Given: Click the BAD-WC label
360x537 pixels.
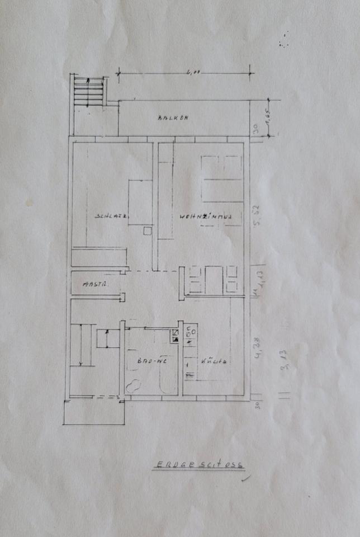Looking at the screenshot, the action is pyautogui.click(x=149, y=361).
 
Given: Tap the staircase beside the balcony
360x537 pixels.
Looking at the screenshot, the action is pyautogui.click(x=89, y=91).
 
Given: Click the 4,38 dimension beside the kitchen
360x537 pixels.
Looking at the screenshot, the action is pyautogui.click(x=258, y=354).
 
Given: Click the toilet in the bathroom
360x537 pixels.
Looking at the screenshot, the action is pyautogui.click(x=134, y=385).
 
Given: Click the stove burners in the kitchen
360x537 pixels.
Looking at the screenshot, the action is pyautogui.click(x=190, y=335).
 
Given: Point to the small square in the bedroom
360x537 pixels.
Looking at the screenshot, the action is pyautogui.click(x=148, y=230).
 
